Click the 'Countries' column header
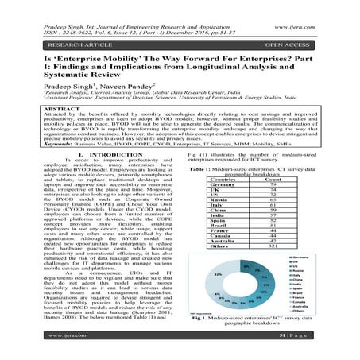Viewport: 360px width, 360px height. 218,180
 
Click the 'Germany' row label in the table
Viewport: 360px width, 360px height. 217,187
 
